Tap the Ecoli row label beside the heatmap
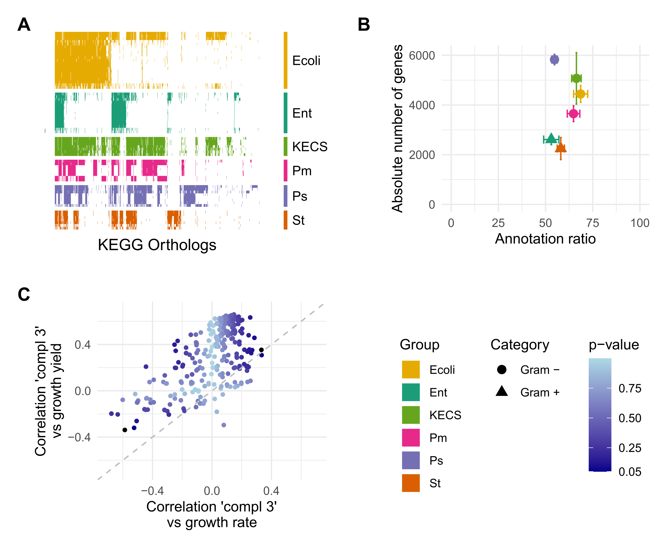click(x=306, y=61)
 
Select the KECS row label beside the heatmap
click(x=309, y=146)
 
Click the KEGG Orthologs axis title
click(x=157, y=245)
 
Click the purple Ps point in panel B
click(x=554, y=59)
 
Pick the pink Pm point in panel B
click(x=573, y=114)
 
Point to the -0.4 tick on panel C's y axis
click(x=79, y=437)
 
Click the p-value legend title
click(x=614, y=345)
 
